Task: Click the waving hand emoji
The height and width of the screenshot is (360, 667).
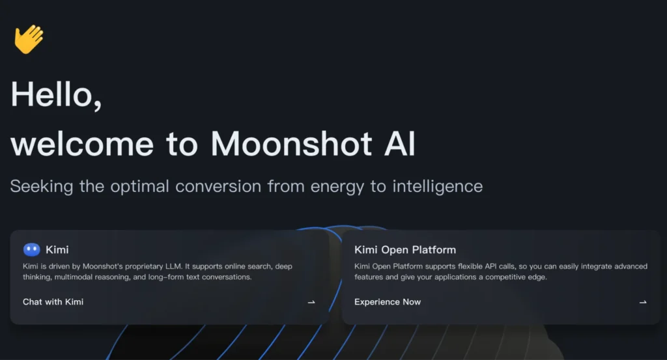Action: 29,39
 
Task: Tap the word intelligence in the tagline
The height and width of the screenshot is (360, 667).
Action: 437,187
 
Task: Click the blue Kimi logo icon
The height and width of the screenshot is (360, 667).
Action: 31,249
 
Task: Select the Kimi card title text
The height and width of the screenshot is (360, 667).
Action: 57,249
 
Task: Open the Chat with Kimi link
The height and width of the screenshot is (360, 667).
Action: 53,302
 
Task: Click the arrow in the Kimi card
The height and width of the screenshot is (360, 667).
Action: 311,302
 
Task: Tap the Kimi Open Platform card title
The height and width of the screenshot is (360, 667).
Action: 405,249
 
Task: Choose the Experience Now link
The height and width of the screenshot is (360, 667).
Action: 388,302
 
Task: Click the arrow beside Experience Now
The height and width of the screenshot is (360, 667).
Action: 643,302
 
